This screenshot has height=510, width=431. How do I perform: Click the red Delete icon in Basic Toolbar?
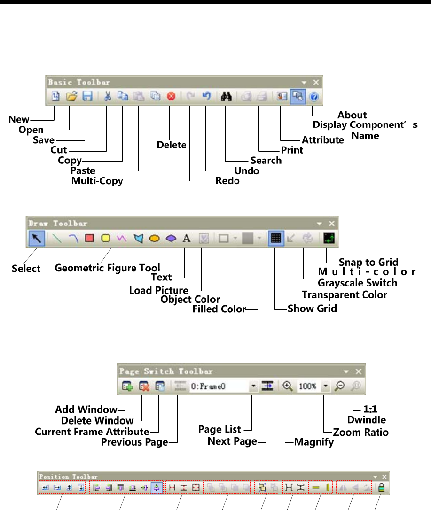(171, 96)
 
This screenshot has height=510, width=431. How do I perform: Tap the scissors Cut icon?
(107, 96)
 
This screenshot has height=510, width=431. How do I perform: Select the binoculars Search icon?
(226, 96)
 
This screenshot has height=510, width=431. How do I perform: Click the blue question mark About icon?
(313, 96)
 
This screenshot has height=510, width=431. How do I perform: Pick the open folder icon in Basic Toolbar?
(71, 96)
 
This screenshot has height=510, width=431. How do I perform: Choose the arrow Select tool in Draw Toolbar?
(37, 238)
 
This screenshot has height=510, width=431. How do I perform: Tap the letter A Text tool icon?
(187, 238)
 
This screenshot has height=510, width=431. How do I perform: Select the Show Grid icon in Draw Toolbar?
(276, 238)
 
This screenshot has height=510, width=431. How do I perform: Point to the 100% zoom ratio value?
(307, 386)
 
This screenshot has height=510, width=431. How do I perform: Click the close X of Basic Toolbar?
(316, 82)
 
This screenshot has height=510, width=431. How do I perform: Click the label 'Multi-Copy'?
(97, 181)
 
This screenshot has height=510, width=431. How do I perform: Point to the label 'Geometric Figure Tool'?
(107, 268)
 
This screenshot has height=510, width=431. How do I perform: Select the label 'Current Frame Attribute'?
(92, 432)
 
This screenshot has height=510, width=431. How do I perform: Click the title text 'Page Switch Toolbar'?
(166, 371)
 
